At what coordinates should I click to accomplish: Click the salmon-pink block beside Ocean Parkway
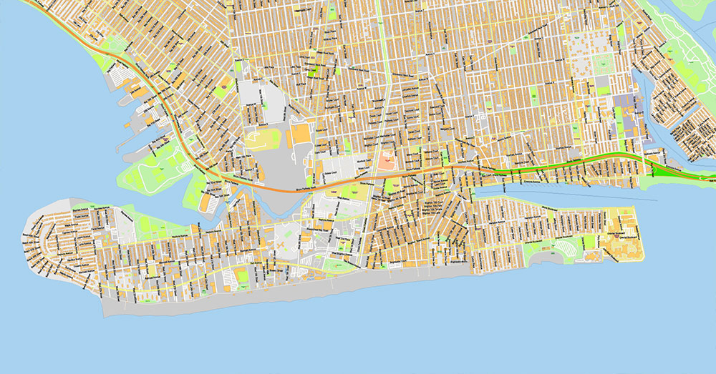[x=387, y=159]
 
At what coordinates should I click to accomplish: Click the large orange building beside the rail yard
[x=302, y=135]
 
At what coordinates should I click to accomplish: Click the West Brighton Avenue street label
[x=344, y=254]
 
